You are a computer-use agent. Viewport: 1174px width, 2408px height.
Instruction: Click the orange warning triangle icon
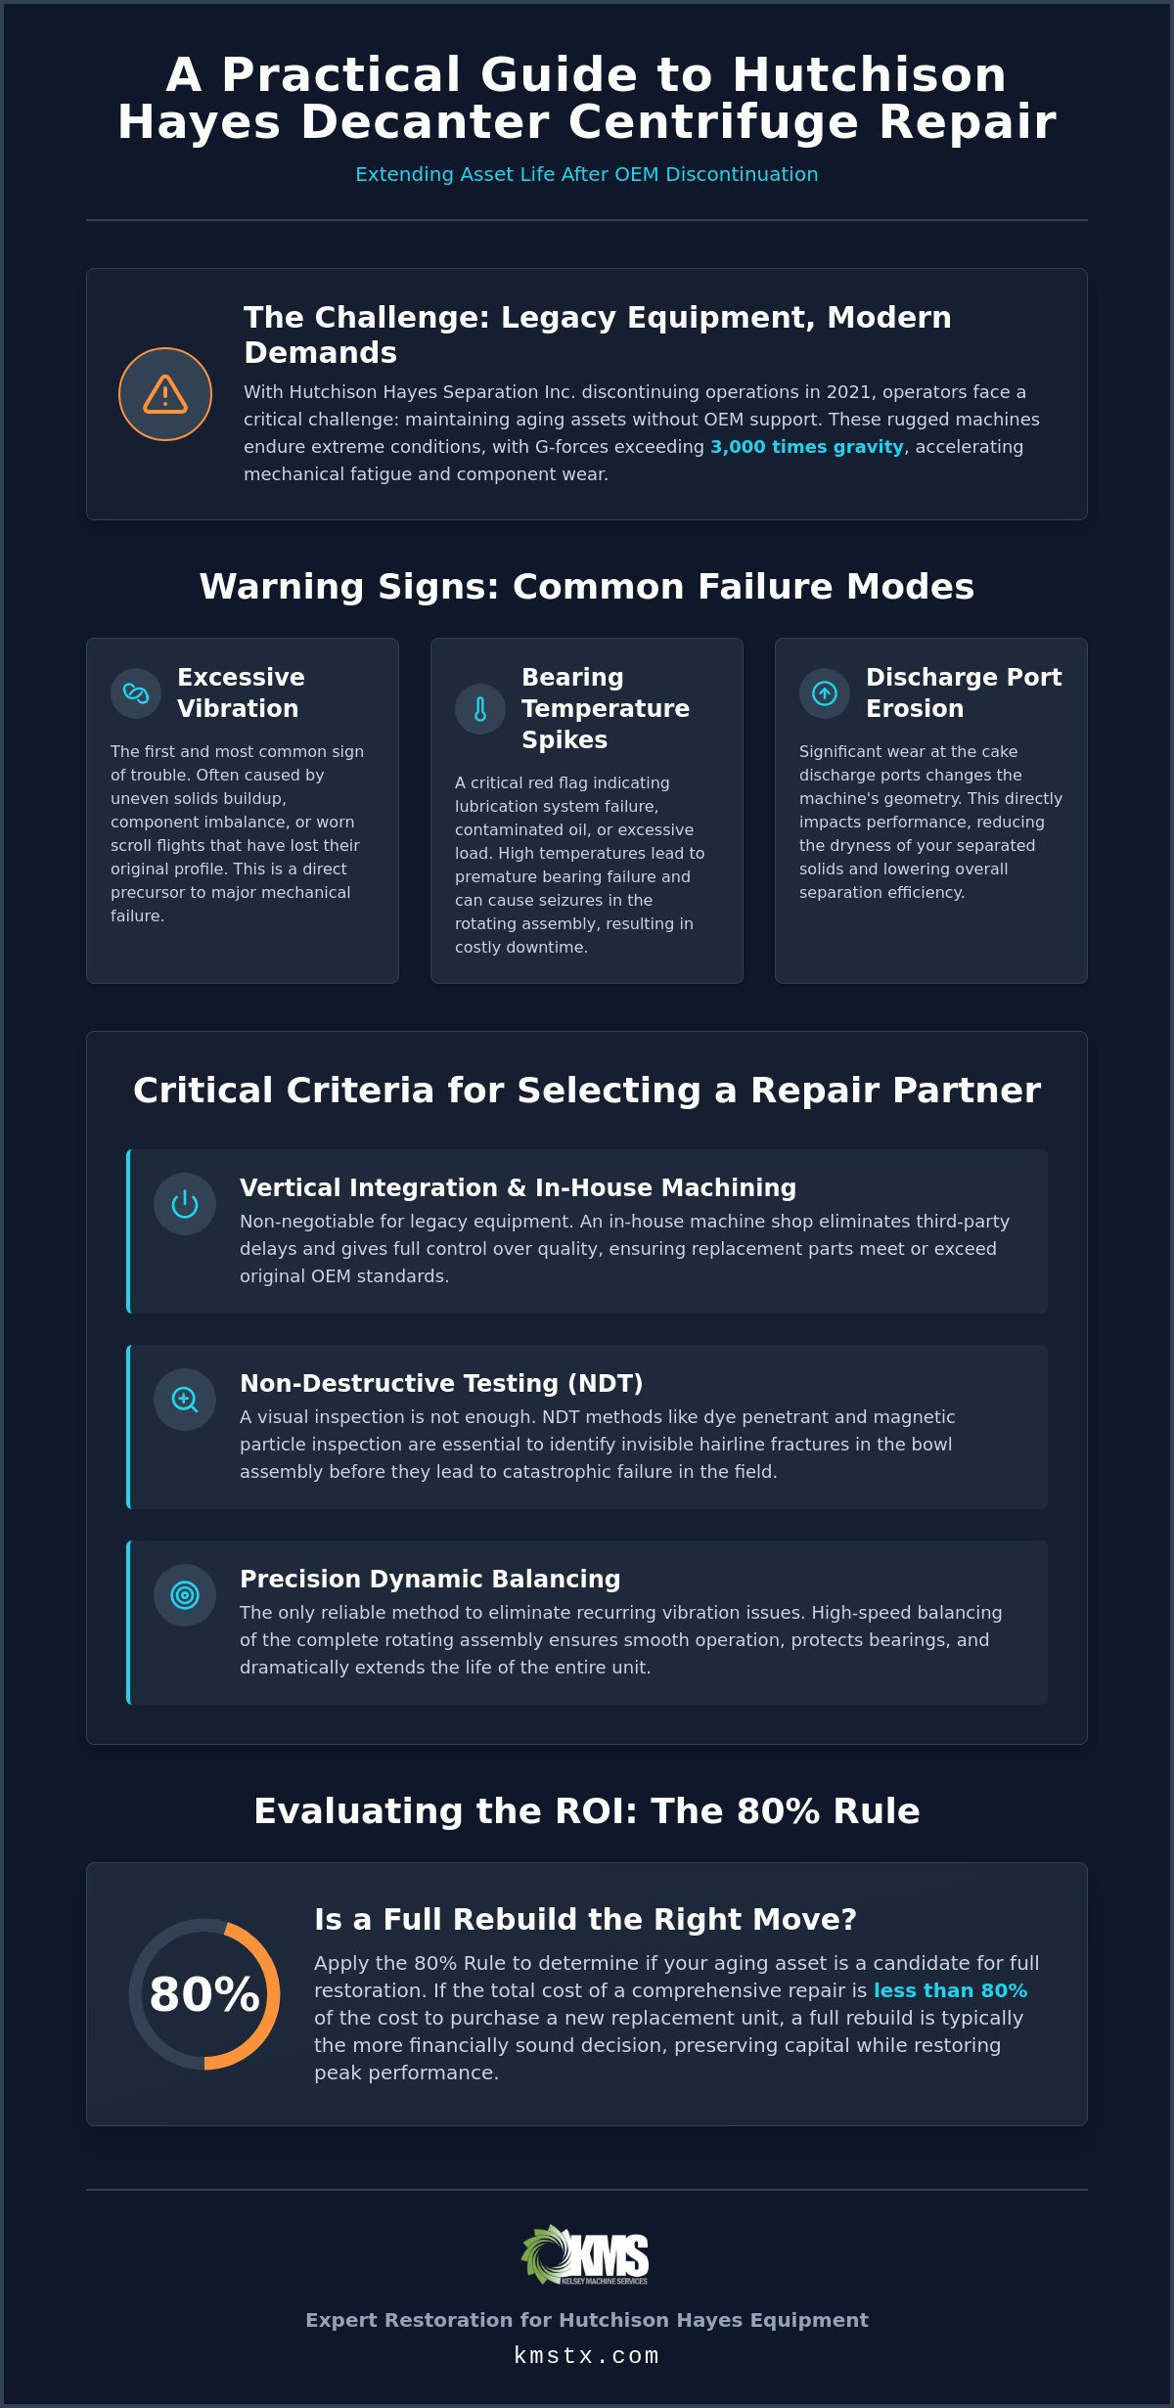(x=165, y=394)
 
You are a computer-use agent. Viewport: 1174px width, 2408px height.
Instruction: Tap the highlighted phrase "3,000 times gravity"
(x=807, y=447)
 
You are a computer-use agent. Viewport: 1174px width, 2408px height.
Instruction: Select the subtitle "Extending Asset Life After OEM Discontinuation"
(x=587, y=174)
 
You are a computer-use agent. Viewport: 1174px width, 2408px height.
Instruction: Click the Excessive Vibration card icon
(x=136, y=693)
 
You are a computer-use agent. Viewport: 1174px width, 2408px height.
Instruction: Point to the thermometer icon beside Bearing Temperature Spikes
(x=480, y=709)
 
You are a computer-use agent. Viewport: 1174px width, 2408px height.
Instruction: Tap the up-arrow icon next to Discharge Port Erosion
(x=825, y=693)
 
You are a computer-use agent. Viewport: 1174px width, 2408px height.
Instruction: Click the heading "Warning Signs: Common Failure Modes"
(x=587, y=587)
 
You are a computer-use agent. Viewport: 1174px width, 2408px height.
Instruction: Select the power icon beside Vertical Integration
(x=185, y=1204)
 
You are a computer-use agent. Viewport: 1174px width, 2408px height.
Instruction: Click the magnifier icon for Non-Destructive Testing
(x=185, y=1400)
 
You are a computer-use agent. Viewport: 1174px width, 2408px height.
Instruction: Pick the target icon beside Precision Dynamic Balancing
(x=185, y=1595)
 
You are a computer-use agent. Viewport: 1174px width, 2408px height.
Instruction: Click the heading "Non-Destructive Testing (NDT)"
(x=441, y=1383)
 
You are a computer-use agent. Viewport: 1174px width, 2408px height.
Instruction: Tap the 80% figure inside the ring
(x=204, y=1994)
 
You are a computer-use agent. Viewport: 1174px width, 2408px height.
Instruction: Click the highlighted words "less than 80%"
(x=950, y=1990)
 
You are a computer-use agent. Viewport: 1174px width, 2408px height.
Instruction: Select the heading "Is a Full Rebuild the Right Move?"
(x=585, y=1920)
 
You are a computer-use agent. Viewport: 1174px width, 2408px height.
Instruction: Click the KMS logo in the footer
(x=586, y=2254)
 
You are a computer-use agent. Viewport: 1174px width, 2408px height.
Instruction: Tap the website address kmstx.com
(x=587, y=2356)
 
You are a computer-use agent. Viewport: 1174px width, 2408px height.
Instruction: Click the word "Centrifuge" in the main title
(x=714, y=122)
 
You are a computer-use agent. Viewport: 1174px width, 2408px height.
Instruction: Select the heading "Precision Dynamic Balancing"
(x=430, y=1579)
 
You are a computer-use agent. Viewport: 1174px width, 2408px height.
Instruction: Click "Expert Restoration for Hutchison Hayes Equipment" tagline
(x=587, y=2320)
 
